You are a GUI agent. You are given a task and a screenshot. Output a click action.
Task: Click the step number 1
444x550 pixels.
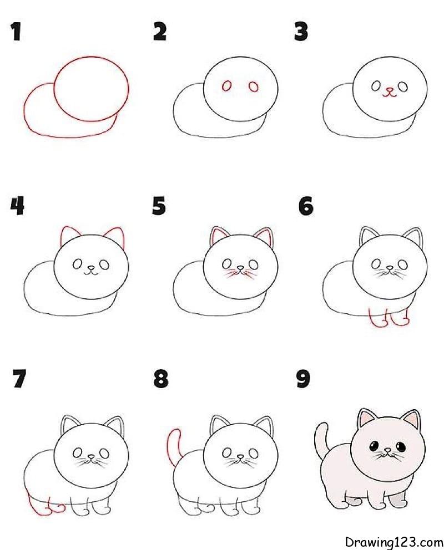(16, 32)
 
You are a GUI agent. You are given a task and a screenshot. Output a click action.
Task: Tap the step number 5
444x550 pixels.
(159, 206)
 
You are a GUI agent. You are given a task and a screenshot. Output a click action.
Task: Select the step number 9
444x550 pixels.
(303, 380)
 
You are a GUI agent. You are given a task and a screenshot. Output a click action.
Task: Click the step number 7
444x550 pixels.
(18, 380)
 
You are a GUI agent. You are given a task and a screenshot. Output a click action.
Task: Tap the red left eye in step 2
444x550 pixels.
(226, 86)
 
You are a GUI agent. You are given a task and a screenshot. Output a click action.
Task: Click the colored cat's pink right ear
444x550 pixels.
(410, 419)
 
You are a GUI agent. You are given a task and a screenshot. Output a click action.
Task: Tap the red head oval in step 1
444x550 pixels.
(92, 89)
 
